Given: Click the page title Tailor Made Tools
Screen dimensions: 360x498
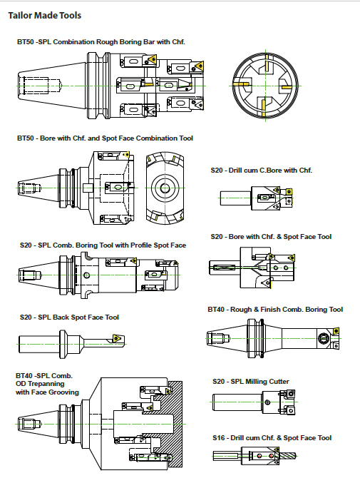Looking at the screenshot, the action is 45,15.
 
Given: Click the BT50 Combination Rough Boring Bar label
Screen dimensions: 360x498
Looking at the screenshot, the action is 101,42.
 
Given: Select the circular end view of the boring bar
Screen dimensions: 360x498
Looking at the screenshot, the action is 265,85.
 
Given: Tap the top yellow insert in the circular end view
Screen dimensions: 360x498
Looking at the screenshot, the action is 267,63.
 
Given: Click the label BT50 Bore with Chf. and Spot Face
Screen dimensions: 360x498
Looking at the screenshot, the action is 105,138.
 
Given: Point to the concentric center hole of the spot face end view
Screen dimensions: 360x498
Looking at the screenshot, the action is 165,188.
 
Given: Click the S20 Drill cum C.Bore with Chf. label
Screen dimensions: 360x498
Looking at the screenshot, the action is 262,171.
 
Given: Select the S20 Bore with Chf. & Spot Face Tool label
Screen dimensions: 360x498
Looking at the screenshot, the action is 271,237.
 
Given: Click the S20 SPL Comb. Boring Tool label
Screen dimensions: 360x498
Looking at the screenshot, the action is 103,245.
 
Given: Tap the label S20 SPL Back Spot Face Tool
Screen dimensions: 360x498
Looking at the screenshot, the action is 69,317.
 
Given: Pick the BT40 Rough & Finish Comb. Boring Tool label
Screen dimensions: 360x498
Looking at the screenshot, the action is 275,310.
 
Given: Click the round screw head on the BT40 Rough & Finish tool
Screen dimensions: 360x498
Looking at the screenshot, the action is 324,338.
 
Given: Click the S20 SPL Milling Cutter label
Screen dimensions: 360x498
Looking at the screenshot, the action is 251,382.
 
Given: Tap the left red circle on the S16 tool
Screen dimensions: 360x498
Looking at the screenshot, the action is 259,456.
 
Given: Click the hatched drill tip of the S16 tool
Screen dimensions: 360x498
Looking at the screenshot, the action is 288,456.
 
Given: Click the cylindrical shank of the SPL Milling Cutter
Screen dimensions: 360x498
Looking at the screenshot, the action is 237,402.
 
